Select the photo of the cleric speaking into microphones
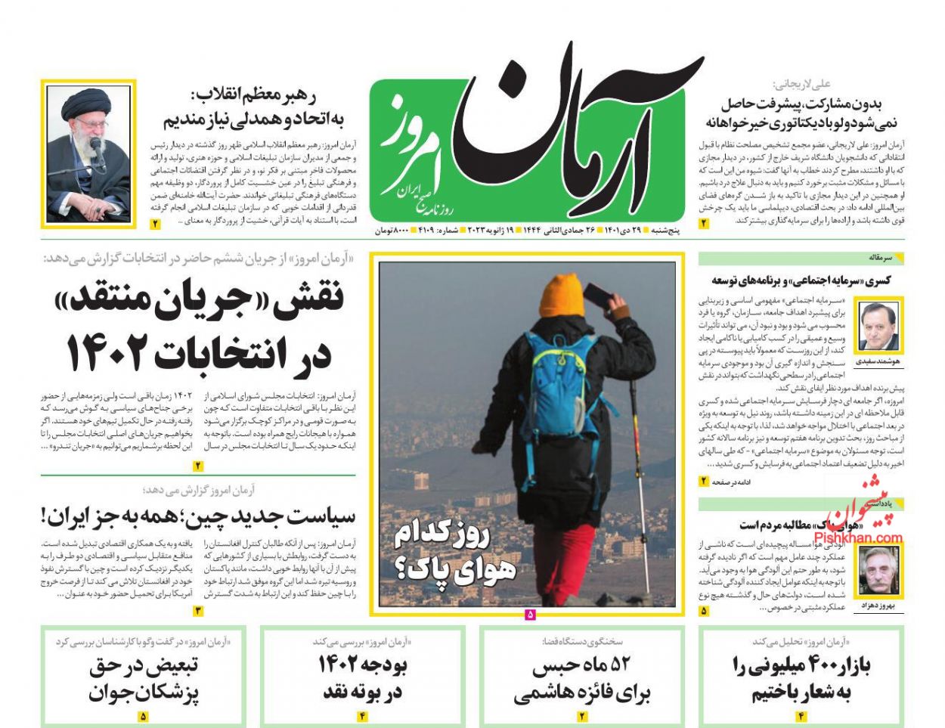[x=88, y=154]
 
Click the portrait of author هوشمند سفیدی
[x=879, y=326]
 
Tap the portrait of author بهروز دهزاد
[x=880, y=572]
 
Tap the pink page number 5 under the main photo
[x=529, y=615]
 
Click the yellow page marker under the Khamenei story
[x=155, y=224]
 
